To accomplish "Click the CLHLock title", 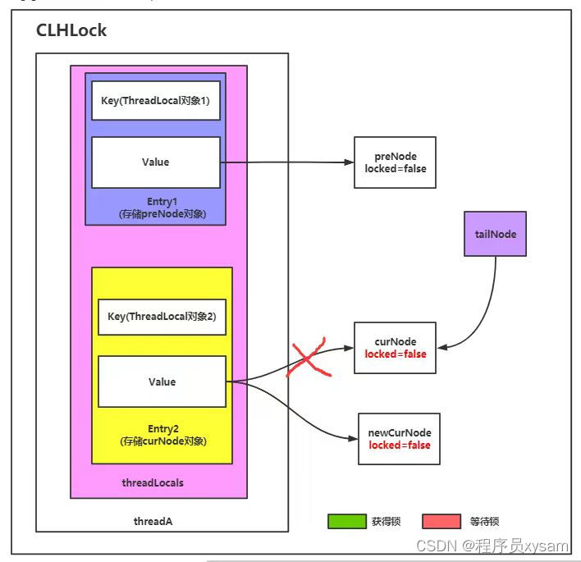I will tap(71, 31).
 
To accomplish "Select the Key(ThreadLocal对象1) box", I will tap(155, 101).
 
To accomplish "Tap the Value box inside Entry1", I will tap(155, 162).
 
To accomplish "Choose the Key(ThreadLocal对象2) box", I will tap(162, 317).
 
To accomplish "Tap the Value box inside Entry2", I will tap(162, 382).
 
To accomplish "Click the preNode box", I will tap(396, 162).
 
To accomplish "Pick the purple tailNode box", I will tap(495, 234).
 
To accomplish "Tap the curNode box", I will tap(396, 348).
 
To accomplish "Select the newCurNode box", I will tap(399, 439).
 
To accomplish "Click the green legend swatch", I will tap(346, 521).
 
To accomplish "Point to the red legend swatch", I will tap(441, 521).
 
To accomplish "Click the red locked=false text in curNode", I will tap(396, 354).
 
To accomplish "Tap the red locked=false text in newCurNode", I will tap(399, 445).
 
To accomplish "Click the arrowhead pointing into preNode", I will tap(349, 162).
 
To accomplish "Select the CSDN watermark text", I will tap(492, 546).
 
